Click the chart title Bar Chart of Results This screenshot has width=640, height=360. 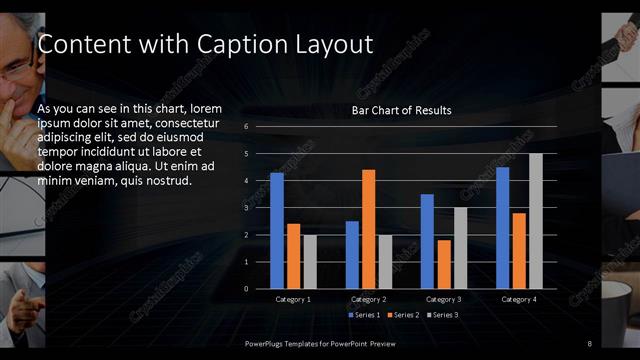(x=401, y=110)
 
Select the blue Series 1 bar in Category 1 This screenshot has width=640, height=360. (x=277, y=231)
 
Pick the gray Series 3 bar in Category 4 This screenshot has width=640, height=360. (x=535, y=221)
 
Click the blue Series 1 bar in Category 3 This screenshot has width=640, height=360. (x=427, y=241)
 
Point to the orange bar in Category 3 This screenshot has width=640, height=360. (x=443, y=264)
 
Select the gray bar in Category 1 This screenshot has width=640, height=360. (x=310, y=262)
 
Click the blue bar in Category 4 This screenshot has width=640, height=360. (x=503, y=228)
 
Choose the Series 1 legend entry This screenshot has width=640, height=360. (x=364, y=316)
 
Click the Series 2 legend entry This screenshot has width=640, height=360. (x=403, y=316)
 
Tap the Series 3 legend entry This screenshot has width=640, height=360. (x=443, y=316)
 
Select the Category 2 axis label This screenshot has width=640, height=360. (x=368, y=299)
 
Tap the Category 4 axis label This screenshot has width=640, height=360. (x=519, y=299)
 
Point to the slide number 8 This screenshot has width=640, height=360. (x=590, y=344)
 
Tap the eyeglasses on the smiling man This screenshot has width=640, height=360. (x=14, y=69)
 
